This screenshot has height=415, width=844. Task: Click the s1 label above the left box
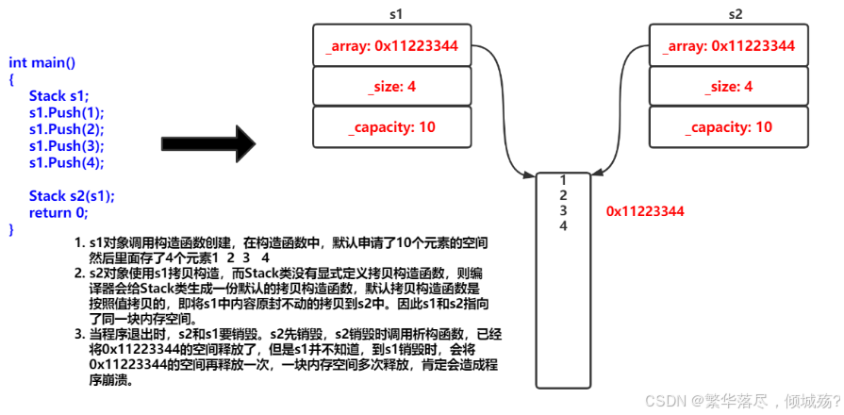[x=397, y=14]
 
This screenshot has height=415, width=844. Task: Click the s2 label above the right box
[x=736, y=14]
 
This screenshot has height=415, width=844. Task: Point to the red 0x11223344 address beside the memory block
[x=645, y=211]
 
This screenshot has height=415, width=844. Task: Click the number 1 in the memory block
[x=563, y=180]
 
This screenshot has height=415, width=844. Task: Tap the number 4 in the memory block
[x=563, y=225]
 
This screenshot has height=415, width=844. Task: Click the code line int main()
[x=42, y=62]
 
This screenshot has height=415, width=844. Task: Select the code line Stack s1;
[x=58, y=96]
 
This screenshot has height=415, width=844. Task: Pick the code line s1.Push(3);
[x=66, y=146]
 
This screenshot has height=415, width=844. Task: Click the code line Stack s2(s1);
[x=72, y=196]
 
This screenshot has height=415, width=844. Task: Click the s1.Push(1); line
[x=66, y=112]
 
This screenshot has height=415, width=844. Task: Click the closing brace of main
[x=12, y=229]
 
